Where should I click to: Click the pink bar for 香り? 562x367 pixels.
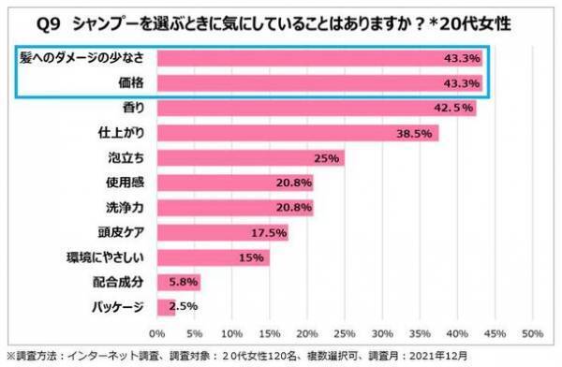coord(317,108)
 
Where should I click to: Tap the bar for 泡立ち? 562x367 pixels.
coord(250,157)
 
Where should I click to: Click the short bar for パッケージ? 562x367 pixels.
coord(166,306)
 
